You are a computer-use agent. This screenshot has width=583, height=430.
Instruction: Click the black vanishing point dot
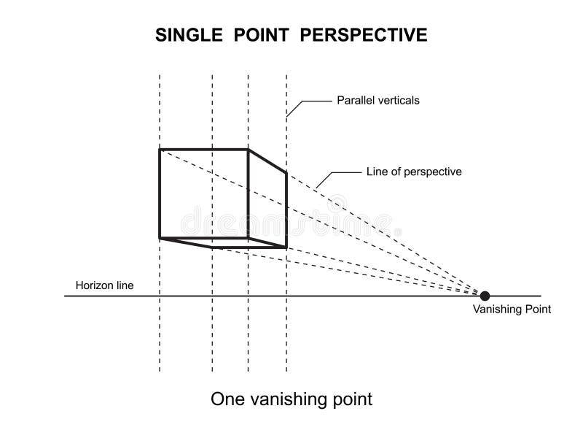click(485, 295)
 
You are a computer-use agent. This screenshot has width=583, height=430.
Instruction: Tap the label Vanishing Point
click(512, 310)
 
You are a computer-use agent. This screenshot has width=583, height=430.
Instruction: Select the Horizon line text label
click(105, 285)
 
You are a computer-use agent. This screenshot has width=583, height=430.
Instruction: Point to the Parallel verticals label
click(377, 101)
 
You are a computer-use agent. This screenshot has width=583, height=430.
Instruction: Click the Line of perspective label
click(413, 172)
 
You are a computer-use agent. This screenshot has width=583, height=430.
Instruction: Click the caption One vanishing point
click(291, 399)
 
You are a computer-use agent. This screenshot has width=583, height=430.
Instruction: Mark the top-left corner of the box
click(160, 150)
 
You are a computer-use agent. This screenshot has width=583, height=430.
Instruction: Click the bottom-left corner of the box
click(160, 237)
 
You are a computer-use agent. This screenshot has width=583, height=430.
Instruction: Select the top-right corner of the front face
click(249, 150)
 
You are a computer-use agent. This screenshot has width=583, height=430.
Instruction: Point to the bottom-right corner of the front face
click(249, 237)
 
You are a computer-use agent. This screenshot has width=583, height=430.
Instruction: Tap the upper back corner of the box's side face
click(286, 172)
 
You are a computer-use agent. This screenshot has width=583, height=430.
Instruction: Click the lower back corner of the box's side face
click(286, 247)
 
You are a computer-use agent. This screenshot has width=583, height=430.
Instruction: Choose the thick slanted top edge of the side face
click(267, 161)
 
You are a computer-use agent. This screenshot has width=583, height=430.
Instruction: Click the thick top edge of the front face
click(204, 150)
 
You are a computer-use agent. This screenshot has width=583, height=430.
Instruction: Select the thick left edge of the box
click(160, 193)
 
